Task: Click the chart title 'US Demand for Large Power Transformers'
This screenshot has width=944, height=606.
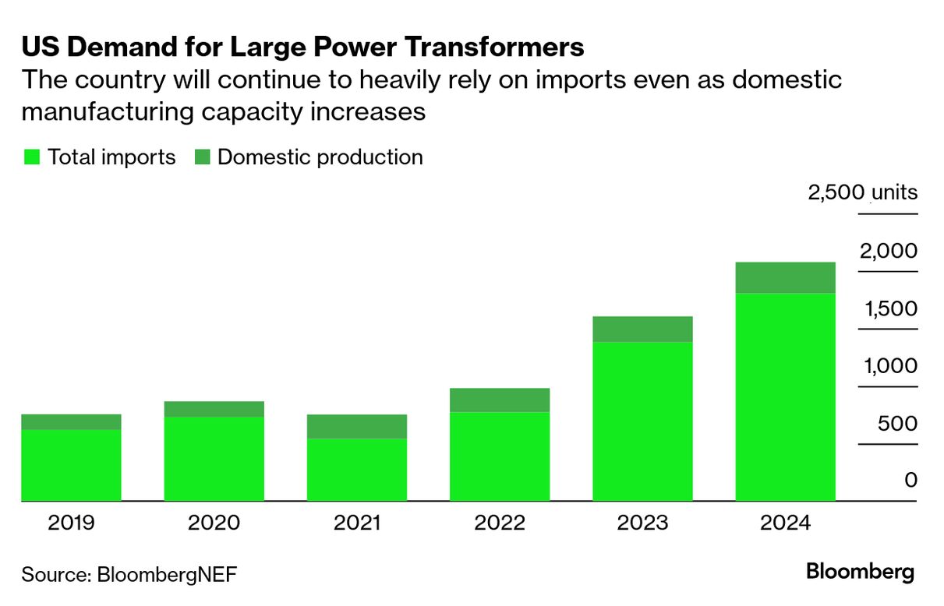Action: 302,48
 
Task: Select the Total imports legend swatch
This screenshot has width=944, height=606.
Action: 31,157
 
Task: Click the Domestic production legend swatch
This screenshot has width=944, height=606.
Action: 202,157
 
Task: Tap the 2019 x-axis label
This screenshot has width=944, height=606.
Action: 71,522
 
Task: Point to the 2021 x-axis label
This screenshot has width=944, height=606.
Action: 357,522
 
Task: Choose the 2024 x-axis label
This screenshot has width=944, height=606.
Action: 786,522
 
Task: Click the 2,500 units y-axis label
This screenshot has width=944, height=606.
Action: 863,192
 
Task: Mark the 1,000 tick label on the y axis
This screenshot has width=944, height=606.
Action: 889,365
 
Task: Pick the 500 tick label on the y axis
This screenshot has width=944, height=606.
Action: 899,423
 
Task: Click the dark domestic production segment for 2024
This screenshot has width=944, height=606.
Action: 786,277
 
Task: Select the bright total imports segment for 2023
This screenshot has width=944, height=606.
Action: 642,421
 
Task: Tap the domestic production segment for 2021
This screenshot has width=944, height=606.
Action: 357,426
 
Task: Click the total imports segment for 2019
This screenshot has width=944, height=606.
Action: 71,465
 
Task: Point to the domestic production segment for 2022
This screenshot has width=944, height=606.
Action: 500,400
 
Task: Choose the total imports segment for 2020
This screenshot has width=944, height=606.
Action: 214,459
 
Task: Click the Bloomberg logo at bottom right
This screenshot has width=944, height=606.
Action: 860,572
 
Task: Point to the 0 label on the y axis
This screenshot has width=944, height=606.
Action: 910,480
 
